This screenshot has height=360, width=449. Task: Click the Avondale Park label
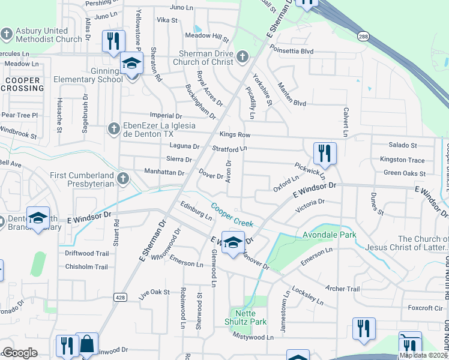click(x=330, y=235)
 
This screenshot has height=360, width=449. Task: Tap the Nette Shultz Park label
click(x=250, y=322)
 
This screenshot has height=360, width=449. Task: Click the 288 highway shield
click(x=363, y=36)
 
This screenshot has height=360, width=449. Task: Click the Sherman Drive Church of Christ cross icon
click(x=243, y=57)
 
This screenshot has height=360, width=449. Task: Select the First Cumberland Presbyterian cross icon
click(x=122, y=178)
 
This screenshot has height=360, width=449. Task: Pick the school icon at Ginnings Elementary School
click(x=131, y=64)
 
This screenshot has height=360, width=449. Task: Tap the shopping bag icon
click(x=87, y=344)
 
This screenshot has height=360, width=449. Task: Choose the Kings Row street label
click(x=235, y=135)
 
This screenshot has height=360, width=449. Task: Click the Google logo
click(x=20, y=353)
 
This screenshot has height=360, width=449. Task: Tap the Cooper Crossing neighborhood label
click(x=22, y=84)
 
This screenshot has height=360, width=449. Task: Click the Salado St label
click(x=402, y=145)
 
